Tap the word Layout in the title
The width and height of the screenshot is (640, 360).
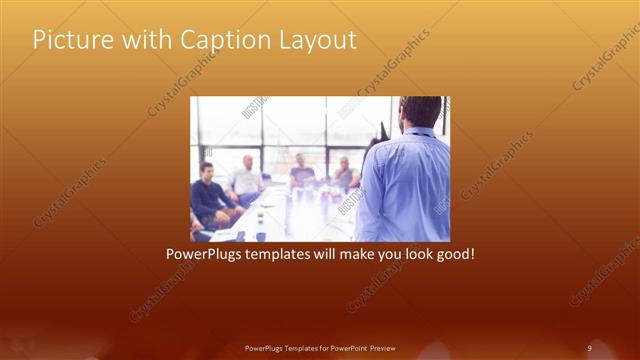click(318, 40)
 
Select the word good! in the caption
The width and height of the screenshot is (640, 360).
click(452, 255)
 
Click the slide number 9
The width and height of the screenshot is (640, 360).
click(589, 347)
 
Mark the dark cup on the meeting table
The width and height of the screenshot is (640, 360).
click(260, 218)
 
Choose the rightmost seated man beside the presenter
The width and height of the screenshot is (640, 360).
click(344, 174)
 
